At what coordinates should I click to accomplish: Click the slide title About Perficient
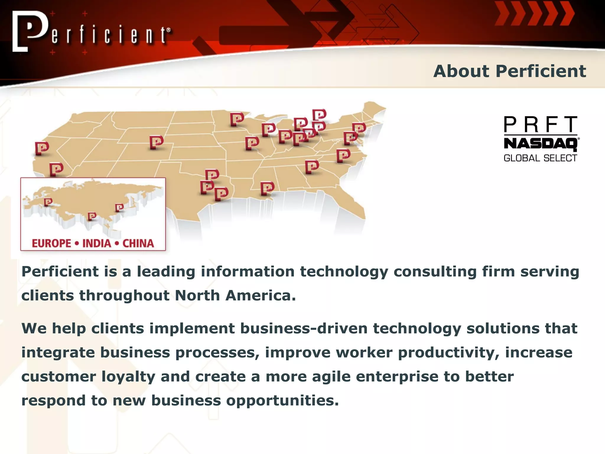click(x=509, y=71)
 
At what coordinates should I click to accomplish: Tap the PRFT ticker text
click(x=540, y=124)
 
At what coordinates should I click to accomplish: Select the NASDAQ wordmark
click(x=540, y=144)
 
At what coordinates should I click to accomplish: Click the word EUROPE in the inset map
click(x=51, y=243)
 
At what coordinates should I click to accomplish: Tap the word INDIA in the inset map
click(x=97, y=243)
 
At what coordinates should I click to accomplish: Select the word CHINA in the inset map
click(x=138, y=243)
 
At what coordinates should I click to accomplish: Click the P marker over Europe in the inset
click(x=48, y=202)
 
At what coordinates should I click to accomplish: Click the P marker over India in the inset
click(x=92, y=217)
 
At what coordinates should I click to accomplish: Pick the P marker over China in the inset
click(x=119, y=208)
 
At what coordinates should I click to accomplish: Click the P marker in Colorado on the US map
click(x=156, y=142)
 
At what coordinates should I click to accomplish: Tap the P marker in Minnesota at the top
click(x=237, y=119)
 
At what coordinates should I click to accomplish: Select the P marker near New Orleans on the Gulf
click(x=267, y=188)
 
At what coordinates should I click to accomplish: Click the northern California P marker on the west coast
click(x=42, y=148)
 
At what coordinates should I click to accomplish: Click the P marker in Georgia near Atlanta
click(x=312, y=167)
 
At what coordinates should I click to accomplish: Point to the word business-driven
click(x=303, y=328)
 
